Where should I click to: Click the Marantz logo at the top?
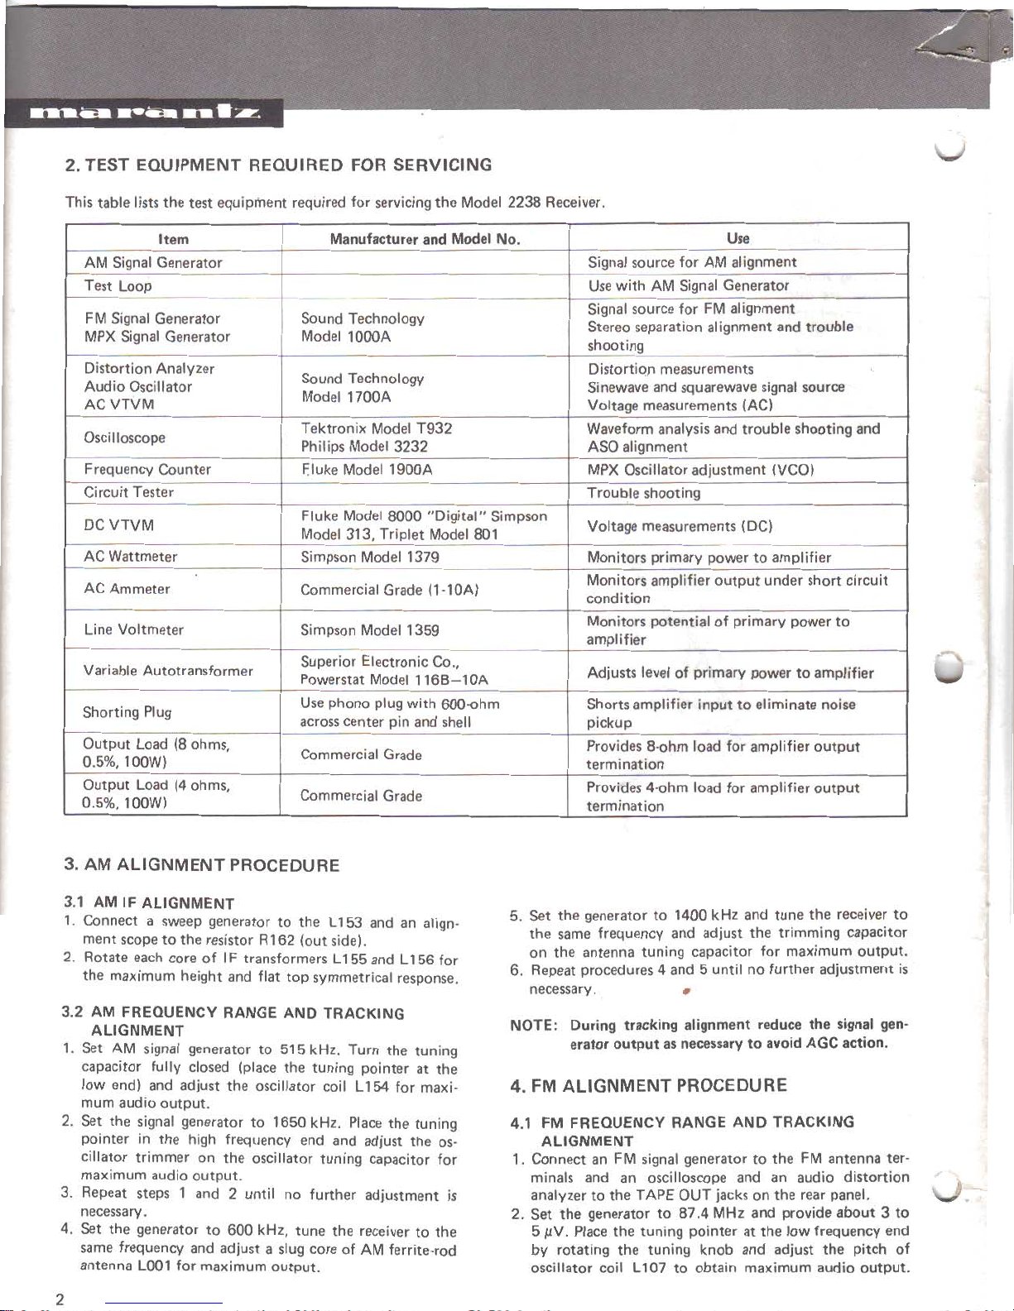tap(144, 113)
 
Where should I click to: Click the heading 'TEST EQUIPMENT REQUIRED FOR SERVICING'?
tap(278, 165)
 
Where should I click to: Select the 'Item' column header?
tap(174, 239)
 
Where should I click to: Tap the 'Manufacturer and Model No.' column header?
tap(425, 239)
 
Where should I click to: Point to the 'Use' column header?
tap(738, 238)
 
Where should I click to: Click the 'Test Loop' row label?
tap(118, 286)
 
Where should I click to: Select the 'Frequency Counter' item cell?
tap(147, 469)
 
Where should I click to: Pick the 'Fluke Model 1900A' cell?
tap(367, 470)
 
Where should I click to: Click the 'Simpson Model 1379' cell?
tap(370, 557)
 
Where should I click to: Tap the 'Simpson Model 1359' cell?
tap(370, 630)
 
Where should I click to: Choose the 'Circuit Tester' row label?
tap(128, 492)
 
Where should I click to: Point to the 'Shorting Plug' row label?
tap(127, 712)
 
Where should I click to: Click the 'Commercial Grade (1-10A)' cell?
tap(390, 590)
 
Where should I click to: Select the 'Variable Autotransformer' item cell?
tap(168, 671)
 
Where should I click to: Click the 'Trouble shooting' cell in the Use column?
tap(643, 493)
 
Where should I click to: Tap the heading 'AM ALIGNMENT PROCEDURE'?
tap(202, 865)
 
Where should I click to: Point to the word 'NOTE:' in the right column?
tap(533, 1026)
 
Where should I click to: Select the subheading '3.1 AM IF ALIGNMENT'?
tap(149, 903)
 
